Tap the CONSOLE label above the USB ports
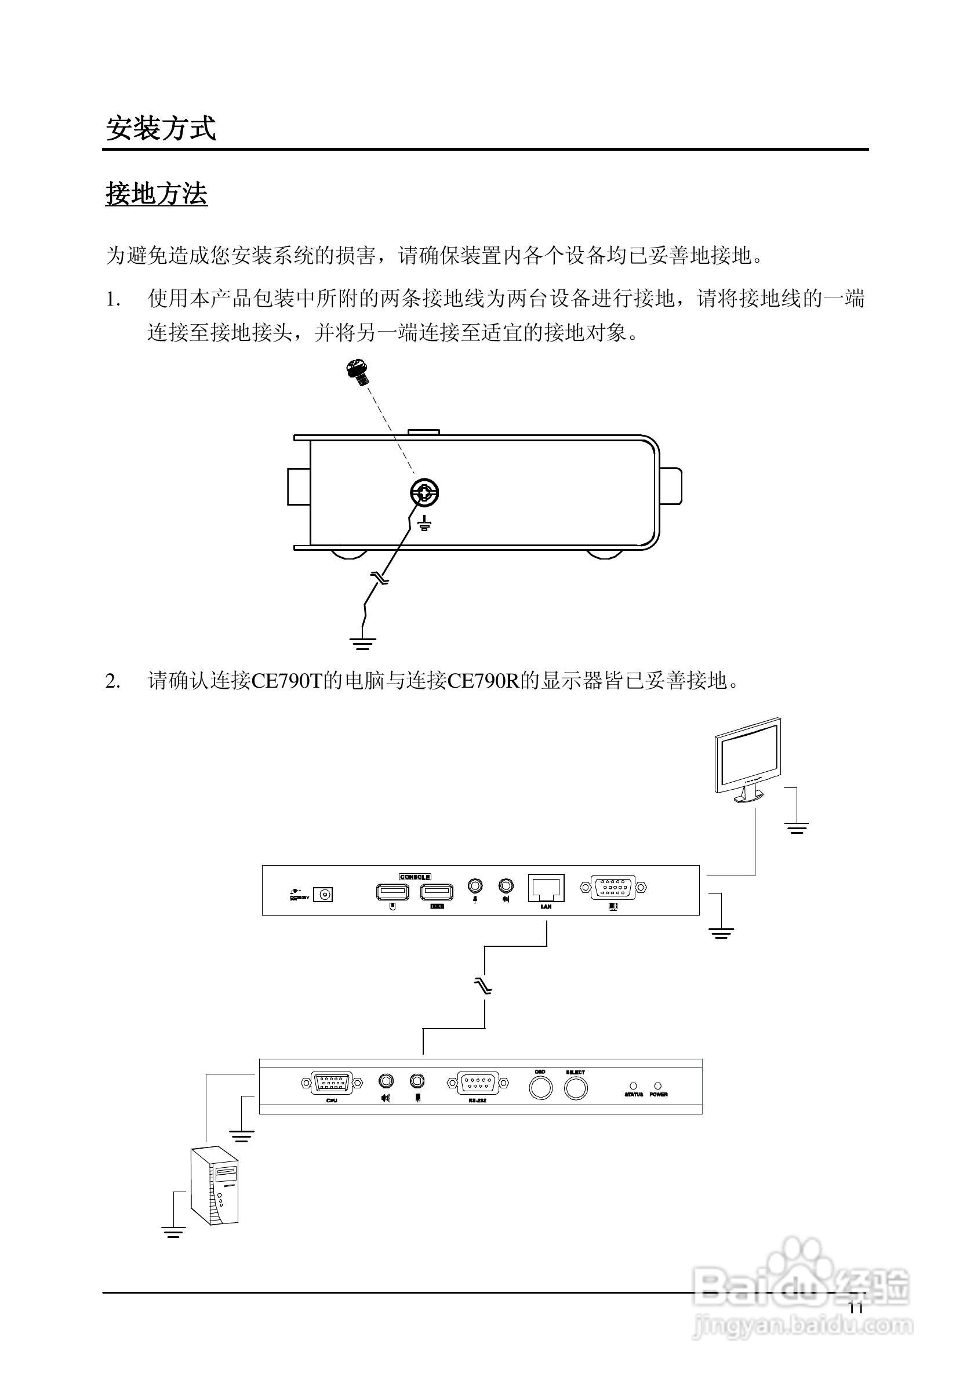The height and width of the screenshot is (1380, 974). pos(415,877)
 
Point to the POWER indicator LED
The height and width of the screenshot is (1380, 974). pos(658,1086)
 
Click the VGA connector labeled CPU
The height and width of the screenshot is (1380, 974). pos(331,1083)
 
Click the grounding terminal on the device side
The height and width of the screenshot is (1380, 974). pos(425,494)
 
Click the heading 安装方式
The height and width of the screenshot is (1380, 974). pos(161,128)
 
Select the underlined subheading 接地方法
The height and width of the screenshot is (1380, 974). pos(156,194)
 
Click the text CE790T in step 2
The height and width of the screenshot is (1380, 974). pos(286,681)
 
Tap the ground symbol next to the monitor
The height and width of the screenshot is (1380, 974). pos(797,828)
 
